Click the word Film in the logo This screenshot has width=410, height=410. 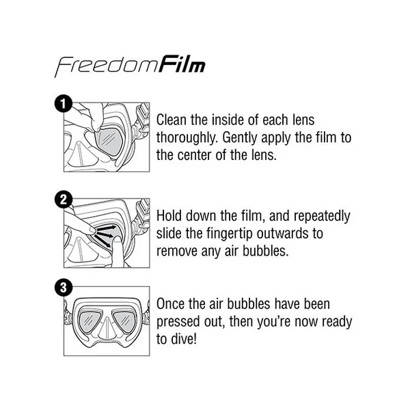click(182, 64)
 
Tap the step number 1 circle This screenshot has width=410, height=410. click(64, 104)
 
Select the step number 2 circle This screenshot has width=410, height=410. click(64, 200)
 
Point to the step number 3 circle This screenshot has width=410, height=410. click(64, 288)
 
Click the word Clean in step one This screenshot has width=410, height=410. click(172, 120)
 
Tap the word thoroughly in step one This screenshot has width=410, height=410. click(187, 138)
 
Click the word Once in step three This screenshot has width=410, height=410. click(170, 304)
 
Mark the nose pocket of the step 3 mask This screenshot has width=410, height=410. click(107, 328)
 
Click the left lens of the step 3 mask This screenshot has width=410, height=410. click(90, 321)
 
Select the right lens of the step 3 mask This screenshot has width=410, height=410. click(123, 321)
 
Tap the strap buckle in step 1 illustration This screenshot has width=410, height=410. click(143, 114)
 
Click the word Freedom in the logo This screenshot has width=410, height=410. click(106, 66)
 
